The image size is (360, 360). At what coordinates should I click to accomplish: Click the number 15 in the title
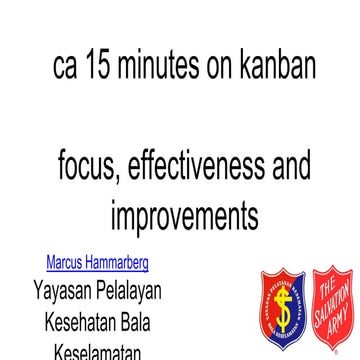(100, 67)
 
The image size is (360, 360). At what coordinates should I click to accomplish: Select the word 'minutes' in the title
(160, 67)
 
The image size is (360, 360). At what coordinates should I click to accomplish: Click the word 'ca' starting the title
(65, 67)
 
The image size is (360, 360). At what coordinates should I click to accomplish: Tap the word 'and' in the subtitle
(290, 163)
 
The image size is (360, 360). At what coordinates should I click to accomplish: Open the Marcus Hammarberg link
(97, 264)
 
